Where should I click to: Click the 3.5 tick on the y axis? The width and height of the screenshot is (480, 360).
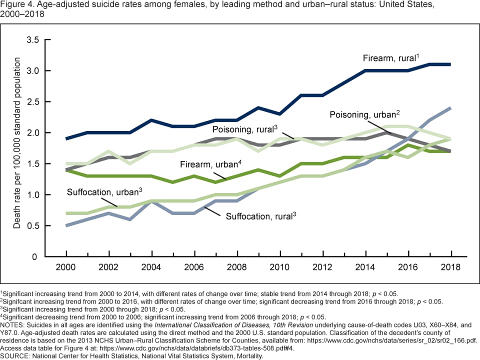(32, 39)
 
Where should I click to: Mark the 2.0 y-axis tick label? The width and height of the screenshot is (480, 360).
(32, 132)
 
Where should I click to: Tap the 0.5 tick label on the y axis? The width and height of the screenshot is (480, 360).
(32, 225)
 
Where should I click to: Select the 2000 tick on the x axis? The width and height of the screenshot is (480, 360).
(66, 267)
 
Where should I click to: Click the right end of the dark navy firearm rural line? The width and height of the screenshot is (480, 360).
(450, 64)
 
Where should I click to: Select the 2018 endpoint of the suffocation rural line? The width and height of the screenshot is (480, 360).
(450, 108)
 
